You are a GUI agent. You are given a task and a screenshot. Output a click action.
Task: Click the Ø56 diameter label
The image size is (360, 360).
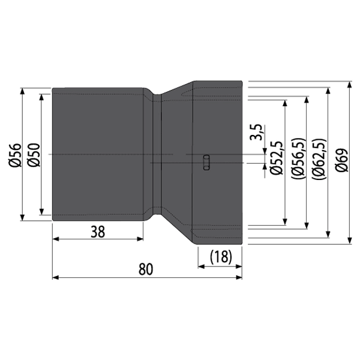pos(15,155)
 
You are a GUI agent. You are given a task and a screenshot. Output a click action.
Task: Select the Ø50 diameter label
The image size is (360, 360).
pos(34,155)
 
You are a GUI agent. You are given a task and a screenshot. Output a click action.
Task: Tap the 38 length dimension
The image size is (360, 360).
pos(98,232)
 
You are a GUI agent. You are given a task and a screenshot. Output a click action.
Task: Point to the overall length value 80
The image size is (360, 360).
pos(146,269)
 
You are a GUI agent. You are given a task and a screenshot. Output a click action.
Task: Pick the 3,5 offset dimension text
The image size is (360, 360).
pos(256,132)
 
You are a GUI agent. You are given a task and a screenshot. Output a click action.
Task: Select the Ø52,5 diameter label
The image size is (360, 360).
pos(276,158)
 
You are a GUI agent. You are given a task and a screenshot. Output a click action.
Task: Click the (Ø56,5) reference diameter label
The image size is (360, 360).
pos(298,158)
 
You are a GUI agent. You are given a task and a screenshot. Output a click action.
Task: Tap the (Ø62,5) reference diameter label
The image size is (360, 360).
pos(319,159)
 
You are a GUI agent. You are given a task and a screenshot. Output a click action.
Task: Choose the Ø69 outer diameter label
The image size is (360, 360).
pos(341,160)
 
